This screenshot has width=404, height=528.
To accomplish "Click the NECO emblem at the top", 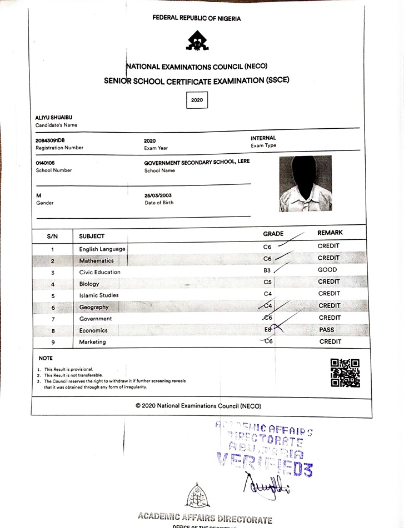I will click(x=197, y=41).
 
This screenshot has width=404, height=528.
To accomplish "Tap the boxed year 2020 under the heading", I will click(x=197, y=100).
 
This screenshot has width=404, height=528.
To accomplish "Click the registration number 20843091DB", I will click(x=50, y=140).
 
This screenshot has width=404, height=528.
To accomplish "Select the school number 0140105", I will click(x=46, y=163).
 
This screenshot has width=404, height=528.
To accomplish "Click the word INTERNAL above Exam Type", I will click(x=263, y=138).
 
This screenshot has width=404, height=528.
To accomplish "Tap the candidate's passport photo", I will click(x=305, y=183).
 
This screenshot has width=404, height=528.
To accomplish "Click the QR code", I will click(x=345, y=373).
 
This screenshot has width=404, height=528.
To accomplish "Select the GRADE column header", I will click(x=273, y=234).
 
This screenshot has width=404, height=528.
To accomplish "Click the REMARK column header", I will click(x=330, y=233).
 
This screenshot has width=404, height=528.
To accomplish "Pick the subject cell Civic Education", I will click(x=99, y=272).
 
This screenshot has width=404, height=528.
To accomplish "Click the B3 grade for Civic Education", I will click(x=268, y=270).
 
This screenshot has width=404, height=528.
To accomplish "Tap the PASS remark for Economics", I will click(x=327, y=330).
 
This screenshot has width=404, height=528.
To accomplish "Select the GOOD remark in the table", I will click(x=327, y=270).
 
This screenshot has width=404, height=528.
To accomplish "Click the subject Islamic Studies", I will click(x=99, y=295).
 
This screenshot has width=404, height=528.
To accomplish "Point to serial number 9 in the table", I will click(x=53, y=343).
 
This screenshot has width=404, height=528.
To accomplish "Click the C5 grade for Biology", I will click(x=267, y=282).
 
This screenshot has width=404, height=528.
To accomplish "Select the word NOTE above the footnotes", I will click(x=46, y=358).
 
